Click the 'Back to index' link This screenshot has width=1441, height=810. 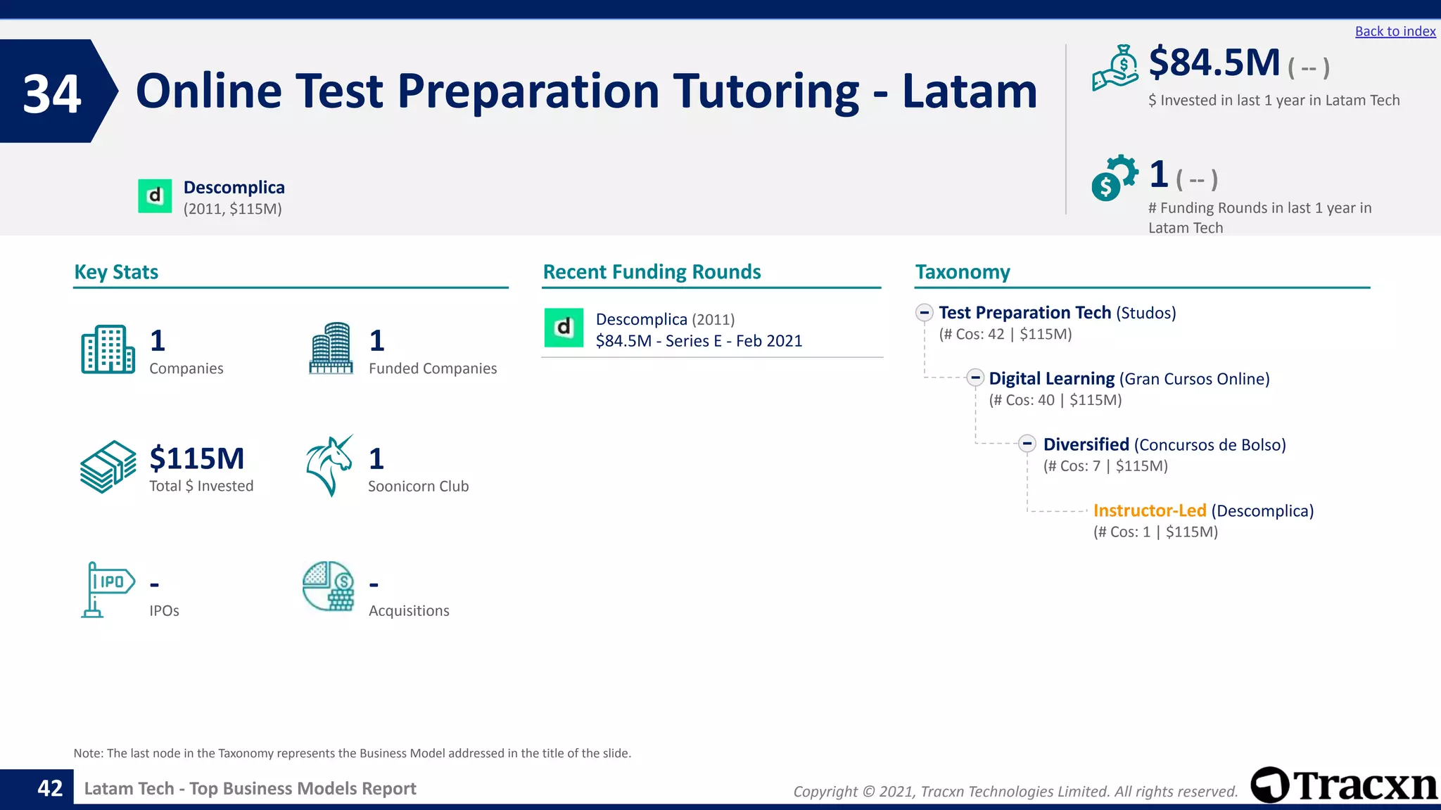click(x=1395, y=32)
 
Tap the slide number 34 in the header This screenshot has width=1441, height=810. click(x=52, y=94)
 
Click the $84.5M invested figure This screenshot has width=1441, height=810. click(x=1214, y=63)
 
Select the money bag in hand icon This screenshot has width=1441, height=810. click(x=1115, y=68)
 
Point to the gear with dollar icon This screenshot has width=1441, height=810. click(x=1114, y=178)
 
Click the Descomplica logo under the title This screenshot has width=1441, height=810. click(x=155, y=196)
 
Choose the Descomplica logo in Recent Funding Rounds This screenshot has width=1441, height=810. click(x=564, y=328)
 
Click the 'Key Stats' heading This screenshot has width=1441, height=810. click(x=116, y=272)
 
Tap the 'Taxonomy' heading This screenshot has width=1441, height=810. click(x=962, y=272)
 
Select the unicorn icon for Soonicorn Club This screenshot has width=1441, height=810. click(x=329, y=465)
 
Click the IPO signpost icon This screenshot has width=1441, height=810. click(x=107, y=589)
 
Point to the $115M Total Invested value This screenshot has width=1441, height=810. click(x=197, y=458)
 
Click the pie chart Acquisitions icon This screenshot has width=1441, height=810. click(x=328, y=586)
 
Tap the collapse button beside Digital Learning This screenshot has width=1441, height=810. click(x=975, y=378)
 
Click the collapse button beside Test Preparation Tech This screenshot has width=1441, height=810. click(x=925, y=313)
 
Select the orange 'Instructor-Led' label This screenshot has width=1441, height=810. click(x=1149, y=510)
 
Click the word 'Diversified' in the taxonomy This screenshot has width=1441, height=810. click(x=1086, y=444)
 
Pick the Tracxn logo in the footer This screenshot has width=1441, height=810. click(x=1343, y=785)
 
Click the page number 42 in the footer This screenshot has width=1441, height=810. click(x=50, y=788)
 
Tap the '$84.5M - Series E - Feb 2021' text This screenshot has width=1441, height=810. click(x=699, y=341)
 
